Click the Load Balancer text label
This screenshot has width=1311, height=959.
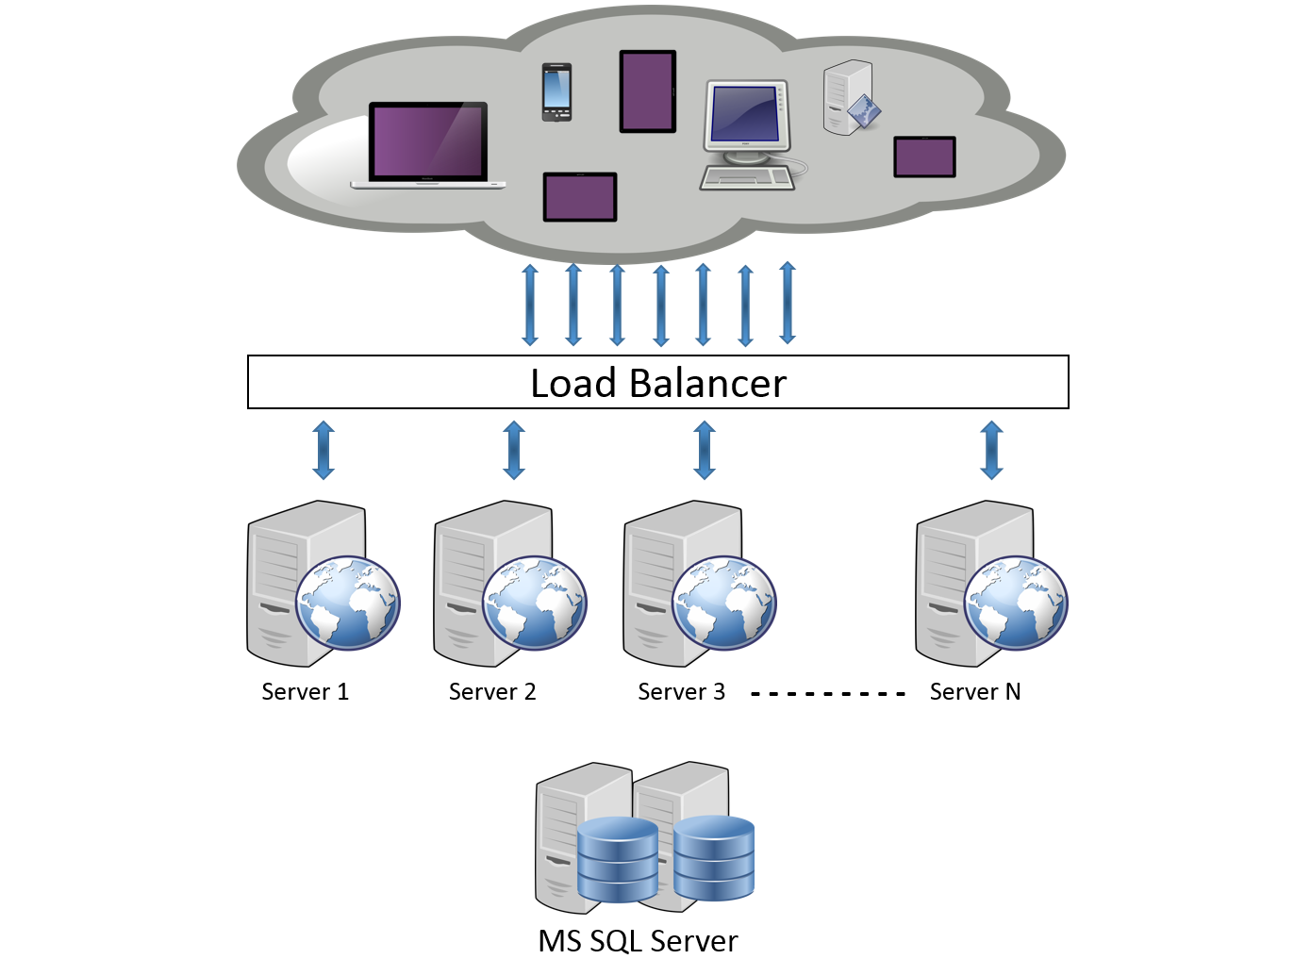(x=657, y=384)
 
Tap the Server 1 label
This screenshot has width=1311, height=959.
(x=305, y=692)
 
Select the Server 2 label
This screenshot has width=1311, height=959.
(x=491, y=692)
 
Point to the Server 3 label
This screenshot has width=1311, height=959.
(x=681, y=692)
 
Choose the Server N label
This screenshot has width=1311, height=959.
(x=974, y=692)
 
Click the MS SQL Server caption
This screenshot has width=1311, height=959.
(x=638, y=940)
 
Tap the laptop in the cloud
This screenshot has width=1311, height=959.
(x=428, y=145)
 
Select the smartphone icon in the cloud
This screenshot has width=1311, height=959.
(x=556, y=92)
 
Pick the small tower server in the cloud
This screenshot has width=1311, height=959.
(x=848, y=98)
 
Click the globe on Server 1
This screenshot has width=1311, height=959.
(x=348, y=604)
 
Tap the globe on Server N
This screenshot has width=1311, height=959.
(x=1016, y=604)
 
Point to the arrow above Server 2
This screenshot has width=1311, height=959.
(x=514, y=451)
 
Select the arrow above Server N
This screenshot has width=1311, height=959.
(x=991, y=451)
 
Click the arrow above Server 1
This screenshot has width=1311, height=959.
(x=324, y=451)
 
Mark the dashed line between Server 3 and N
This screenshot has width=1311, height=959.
(x=827, y=694)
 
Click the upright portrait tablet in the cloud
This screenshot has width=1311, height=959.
(x=648, y=91)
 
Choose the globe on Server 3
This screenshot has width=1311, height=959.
(x=724, y=604)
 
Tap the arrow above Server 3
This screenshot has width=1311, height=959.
(x=705, y=451)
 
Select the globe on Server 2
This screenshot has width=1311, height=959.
(x=535, y=604)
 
